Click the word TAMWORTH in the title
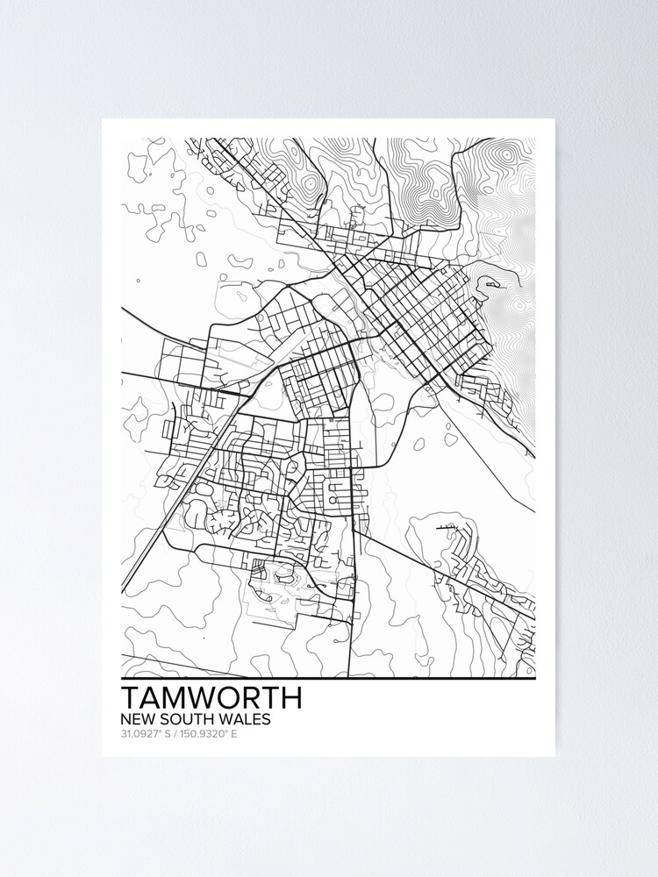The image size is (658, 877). click(211, 697)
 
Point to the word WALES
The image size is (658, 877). click(245, 719)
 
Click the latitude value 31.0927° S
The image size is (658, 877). click(145, 733)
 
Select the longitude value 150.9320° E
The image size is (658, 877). click(207, 733)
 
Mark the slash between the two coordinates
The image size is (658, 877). click(173, 733)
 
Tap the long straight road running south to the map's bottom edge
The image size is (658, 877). click(351, 614)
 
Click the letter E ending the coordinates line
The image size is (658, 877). click(234, 733)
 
